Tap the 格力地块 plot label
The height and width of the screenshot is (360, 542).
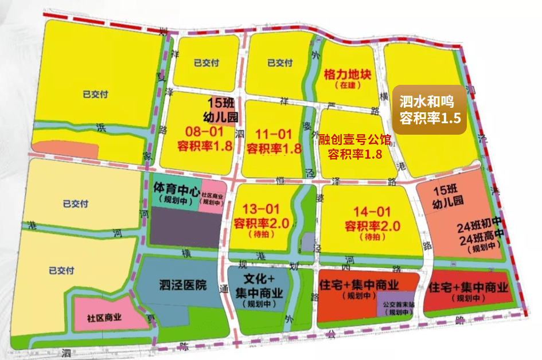click(x=348, y=75)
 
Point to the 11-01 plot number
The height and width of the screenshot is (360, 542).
click(x=274, y=135)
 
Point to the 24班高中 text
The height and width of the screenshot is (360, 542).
click(x=481, y=238)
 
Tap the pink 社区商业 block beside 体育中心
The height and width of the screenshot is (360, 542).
click(x=210, y=198)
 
